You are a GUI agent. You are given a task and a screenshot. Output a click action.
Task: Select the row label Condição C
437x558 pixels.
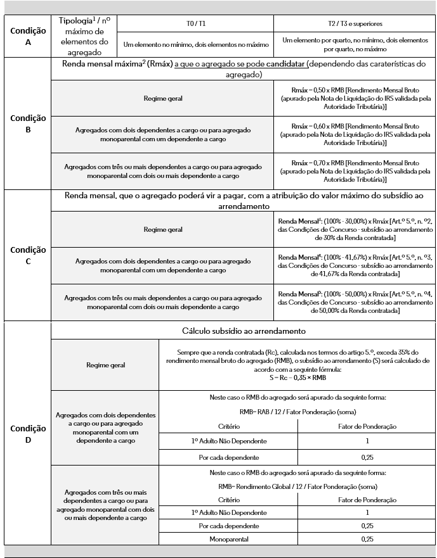[27, 255]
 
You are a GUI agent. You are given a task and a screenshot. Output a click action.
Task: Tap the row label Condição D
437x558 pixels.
[27, 433]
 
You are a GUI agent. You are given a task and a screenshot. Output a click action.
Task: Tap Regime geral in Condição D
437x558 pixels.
[105, 365]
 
